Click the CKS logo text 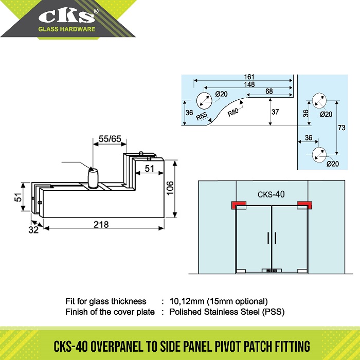pos(66,16)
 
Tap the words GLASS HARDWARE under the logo pos(66,29)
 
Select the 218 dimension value pos(101,224)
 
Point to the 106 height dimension pos(170,188)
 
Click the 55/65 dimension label pos(110,139)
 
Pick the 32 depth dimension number pos(33,230)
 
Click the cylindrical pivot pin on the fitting pos(93,177)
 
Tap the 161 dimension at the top pos(249,77)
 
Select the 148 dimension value pos(249,84)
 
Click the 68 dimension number pos(269,92)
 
